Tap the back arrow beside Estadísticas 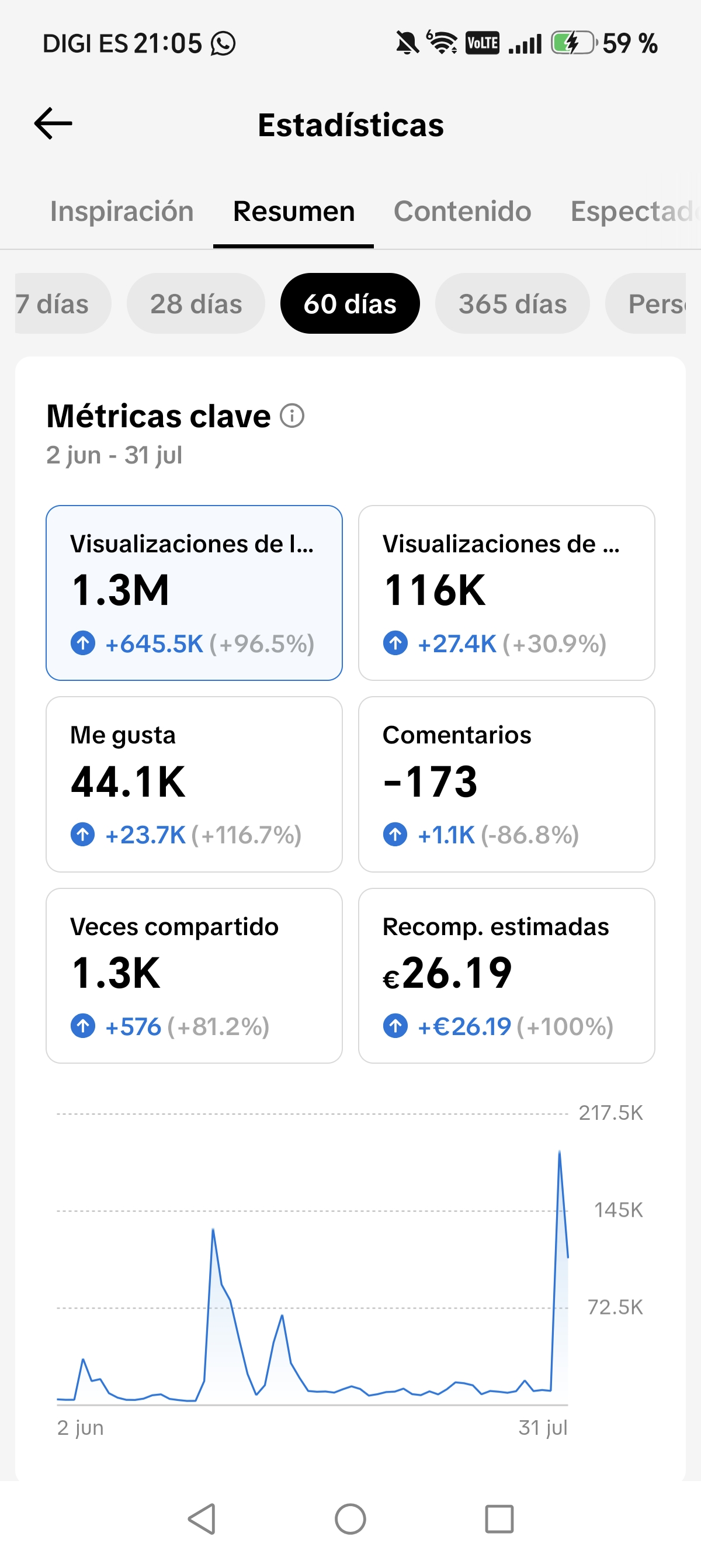coord(53,123)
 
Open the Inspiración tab coord(122,211)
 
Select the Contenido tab coord(462,211)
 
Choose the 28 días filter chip coord(196,303)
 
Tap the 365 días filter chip coord(512,303)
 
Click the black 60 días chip coord(350,303)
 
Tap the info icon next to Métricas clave coord(293,416)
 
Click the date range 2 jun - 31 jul coord(114,455)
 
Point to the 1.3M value coord(120,590)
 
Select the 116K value coord(435,590)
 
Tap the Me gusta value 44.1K coord(128,781)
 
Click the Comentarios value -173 coord(431,781)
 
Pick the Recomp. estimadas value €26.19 coord(447,973)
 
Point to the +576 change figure coord(133,1026)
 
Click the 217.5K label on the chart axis coord(611,1113)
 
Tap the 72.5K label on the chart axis coord(615,1307)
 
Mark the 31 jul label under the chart coord(543,1428)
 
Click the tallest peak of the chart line coord(560,1152)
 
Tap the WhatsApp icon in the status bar coord(223,43)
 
